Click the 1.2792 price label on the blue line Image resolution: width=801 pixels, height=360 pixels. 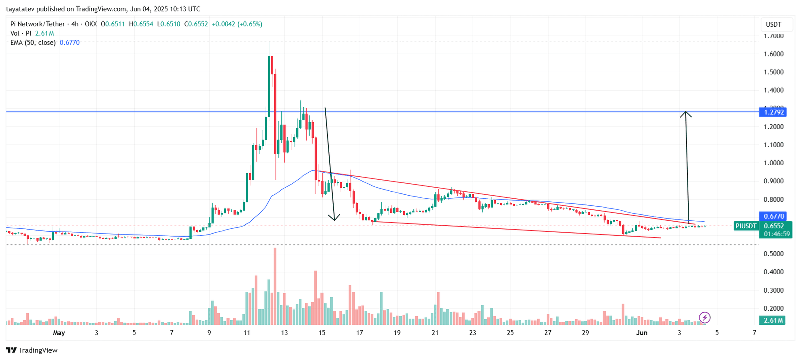tap(773, 112)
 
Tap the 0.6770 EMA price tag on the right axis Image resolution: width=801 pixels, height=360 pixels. tap(773, 216)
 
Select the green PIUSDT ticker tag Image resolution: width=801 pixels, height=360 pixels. tap(746, 226)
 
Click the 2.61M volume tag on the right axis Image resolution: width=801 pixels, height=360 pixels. tap(773, 320)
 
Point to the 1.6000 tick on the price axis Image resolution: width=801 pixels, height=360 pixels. tap(773, 54)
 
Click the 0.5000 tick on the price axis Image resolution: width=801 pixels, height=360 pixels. tap(773, 254)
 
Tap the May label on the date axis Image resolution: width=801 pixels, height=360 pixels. tap(59, 333)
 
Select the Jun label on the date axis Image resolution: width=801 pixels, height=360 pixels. tap(641, 333)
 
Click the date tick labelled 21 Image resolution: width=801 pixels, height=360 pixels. tap(435, 333)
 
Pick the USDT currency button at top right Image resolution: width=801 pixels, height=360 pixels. tap(773, 24)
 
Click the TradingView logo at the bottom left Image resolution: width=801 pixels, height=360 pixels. tap(32, 350)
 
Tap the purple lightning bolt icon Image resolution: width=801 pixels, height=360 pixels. tap(704, 317)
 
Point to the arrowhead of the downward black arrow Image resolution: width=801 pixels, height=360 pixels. tap(334, 218)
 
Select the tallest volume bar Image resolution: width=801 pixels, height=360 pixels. tap(275, 285)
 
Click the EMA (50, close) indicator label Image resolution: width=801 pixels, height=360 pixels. tap(33, 43)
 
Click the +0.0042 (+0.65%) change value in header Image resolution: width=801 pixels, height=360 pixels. tap(237, 24)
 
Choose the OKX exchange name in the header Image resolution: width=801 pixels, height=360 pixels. tap(91, 24)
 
